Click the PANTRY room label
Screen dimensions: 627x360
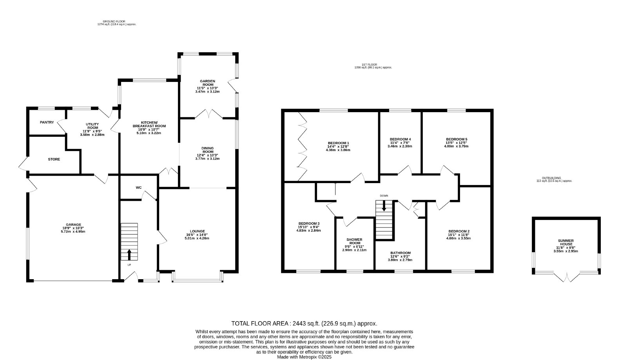[47, 122]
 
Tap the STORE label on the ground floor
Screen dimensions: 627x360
[54, 159]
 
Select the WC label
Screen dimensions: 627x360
[139, 188]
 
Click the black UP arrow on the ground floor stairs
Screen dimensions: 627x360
[129, 255]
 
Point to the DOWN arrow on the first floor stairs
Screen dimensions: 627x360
[384, 205]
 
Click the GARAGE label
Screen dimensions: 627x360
[74, 225]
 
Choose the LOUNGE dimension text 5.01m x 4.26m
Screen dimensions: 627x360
[197, 238]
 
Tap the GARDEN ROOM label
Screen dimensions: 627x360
[207, 83]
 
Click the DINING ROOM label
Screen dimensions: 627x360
[207, 150]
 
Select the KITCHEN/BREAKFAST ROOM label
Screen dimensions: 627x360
[149, 124]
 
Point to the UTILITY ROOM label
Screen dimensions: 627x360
[92, 126]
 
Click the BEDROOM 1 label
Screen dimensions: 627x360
[339, 143]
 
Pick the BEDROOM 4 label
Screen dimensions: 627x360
[400, 139]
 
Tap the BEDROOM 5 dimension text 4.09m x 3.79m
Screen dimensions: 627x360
[457, 146]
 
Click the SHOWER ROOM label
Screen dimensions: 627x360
[354, 241]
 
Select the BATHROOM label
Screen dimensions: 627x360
[400, 253]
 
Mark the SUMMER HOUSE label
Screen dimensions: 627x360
[566, 242]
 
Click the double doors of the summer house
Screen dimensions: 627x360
[567, 277]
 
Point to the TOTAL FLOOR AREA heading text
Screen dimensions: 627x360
[260, 324]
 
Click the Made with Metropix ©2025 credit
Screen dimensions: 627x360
[304, 357]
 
